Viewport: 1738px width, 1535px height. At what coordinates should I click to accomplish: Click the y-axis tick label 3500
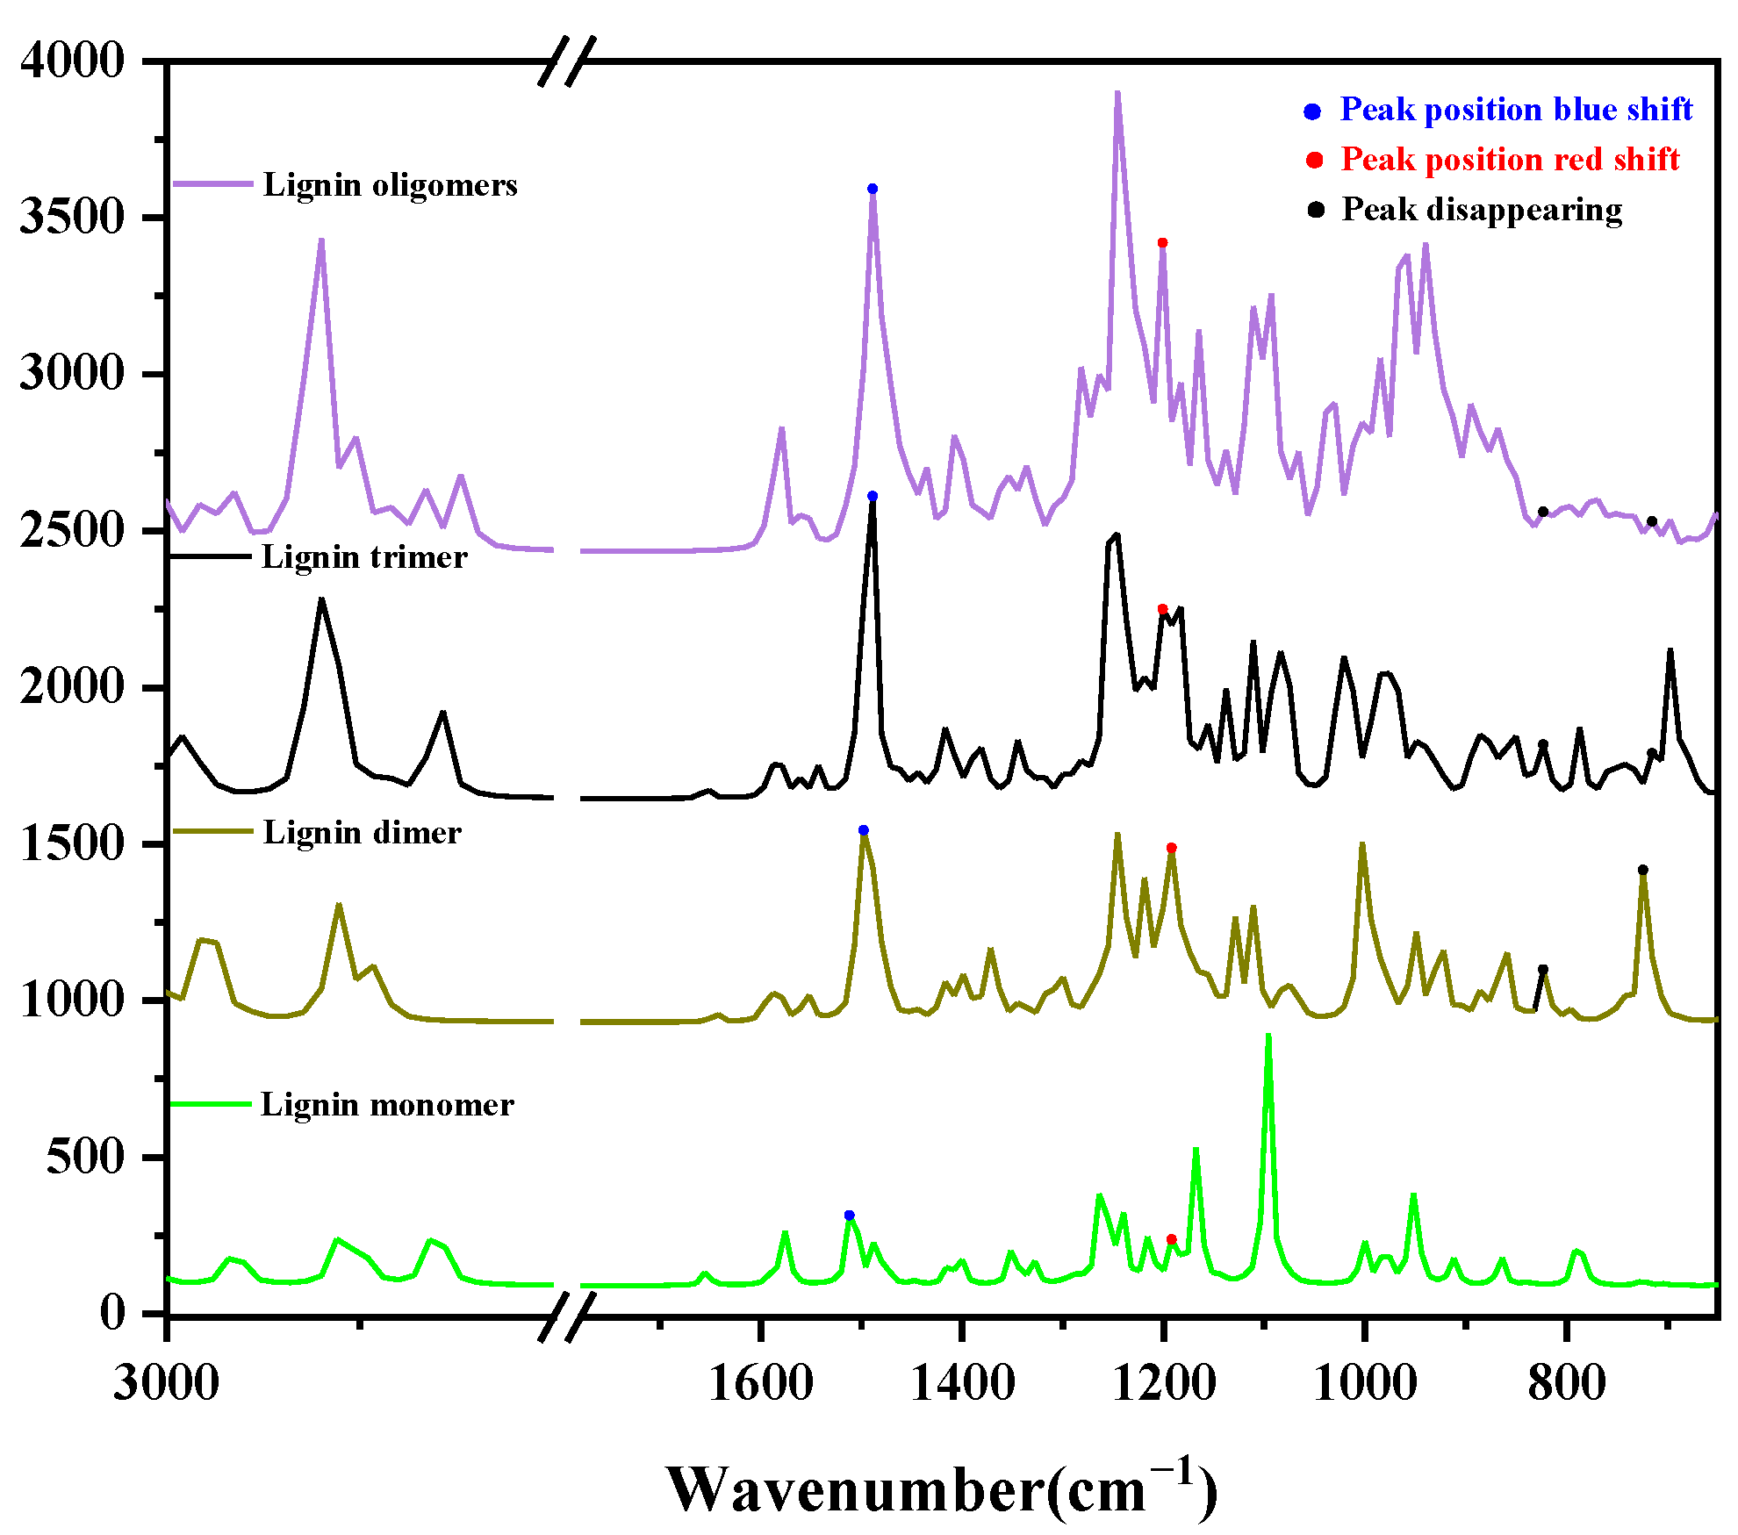(72, 217)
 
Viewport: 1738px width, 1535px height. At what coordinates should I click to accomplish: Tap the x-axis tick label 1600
(760, 1384)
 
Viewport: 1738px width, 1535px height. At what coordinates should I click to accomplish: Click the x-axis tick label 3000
(166, 1384)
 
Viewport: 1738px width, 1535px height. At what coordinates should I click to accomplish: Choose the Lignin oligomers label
(390, 185)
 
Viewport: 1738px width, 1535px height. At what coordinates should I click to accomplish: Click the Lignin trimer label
(364, 557)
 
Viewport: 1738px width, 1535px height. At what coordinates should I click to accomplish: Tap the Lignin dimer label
(362, 833)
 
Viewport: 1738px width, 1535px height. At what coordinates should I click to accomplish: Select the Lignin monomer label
(387, 1105)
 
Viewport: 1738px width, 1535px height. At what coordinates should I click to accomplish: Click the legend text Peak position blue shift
(1515, 110)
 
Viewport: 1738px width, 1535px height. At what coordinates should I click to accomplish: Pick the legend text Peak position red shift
(1509, 160)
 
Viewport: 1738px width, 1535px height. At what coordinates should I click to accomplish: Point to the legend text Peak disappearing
(1481, 210)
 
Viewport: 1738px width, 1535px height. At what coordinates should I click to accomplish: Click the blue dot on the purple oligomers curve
(872, 189)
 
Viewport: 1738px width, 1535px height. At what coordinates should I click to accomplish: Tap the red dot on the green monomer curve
(1171, 1239)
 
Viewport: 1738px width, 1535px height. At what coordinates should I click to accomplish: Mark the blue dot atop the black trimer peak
(872, 496)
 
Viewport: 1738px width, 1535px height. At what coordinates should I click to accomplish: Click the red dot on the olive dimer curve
(1171, 848)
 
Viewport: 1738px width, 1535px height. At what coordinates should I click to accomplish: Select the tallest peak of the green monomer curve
(1268, 1036)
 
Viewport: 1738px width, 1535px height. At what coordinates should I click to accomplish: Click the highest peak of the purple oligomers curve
(1117, 94)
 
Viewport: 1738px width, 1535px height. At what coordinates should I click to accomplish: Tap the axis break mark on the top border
(567, 61)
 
